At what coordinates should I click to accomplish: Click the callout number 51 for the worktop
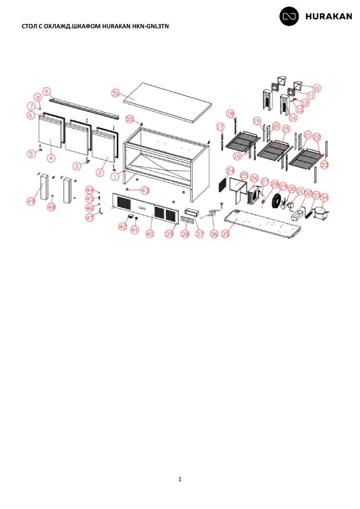tap(116, 93)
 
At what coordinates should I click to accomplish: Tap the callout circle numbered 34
tap(324, 198)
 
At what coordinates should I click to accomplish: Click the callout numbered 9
tap(47, 91)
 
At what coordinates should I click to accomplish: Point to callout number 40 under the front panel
tap(150, 234)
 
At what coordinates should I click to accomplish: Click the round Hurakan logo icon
tap(289, 16)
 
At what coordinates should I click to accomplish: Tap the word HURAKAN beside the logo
tap(329, 16)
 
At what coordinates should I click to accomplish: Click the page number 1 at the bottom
tap(180, 479)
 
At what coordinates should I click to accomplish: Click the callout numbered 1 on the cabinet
tap(114, 176)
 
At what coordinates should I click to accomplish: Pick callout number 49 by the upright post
tap(31, 201)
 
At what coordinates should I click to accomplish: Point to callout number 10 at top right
tap(316, 88)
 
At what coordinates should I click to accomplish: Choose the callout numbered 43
tap(145, 191)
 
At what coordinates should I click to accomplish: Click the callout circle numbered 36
tap(214, 234)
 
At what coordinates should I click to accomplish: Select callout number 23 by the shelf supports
tap(325, 165)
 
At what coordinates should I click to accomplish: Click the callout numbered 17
tap(220, 127)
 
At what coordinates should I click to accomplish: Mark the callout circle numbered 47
tap(90, 218)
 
